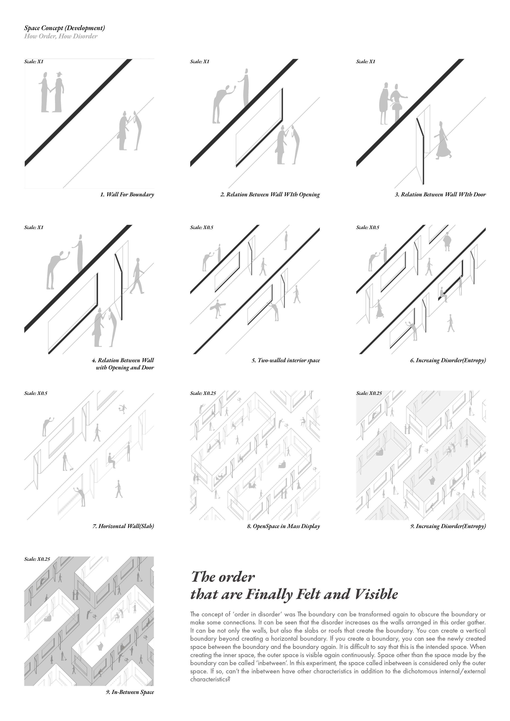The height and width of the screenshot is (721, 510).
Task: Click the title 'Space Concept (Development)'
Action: coord(64,28)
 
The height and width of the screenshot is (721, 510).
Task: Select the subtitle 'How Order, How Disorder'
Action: coord(61,36)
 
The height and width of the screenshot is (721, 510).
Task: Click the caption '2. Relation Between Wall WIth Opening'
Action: coord(270,194)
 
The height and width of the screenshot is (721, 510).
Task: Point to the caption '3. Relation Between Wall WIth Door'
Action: coord(440,194)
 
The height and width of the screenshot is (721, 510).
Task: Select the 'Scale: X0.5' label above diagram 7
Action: coord(36,393)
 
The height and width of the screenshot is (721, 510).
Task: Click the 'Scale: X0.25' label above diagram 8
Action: coord(203,393)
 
